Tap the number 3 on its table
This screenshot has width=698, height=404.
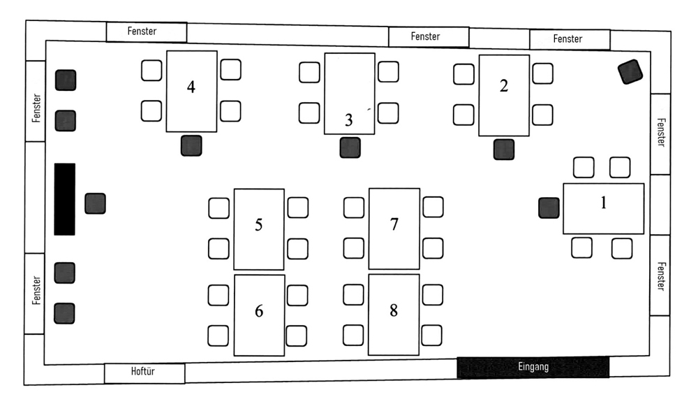(349, 120)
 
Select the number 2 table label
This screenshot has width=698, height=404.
(504, 85)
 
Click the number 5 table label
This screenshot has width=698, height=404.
(258, 225)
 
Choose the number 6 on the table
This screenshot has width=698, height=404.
(259, 311)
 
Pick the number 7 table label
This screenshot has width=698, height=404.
(394, 224)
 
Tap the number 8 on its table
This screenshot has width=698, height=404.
(394, 310)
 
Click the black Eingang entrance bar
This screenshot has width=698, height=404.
(533, 367)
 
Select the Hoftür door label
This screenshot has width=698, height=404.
(144, 373)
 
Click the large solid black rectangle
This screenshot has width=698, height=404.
(64, 199)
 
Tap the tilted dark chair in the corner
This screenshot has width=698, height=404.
(630, 72)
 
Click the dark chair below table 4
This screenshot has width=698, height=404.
(191, 145)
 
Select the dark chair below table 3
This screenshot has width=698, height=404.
(350, 147)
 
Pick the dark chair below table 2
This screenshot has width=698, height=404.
(503, 149)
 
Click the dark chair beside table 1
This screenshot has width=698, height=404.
(549, 208)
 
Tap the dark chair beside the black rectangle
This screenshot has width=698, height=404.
(95, 203)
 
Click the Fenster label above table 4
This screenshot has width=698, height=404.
(146, 31)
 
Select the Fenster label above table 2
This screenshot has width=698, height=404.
(570, 39)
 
